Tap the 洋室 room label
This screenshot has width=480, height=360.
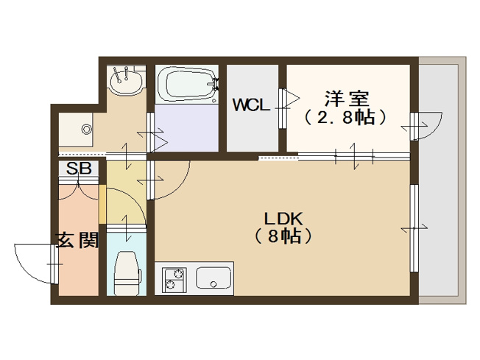pos(345,97)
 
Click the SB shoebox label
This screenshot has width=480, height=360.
pos(79,169)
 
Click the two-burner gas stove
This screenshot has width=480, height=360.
pos(174,280)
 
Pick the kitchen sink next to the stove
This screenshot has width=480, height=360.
pos(213,280)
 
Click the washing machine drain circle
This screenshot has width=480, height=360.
pos(87,130)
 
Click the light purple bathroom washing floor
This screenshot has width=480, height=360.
pos(188,127)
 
